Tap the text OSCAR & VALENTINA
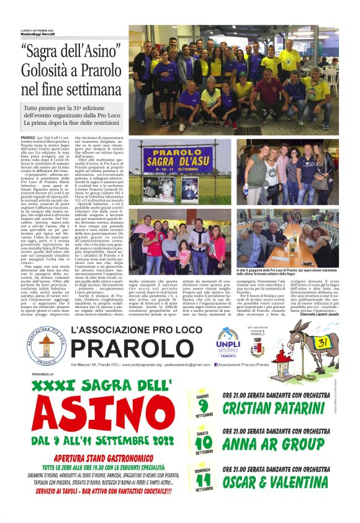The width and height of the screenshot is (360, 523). [275, 482]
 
